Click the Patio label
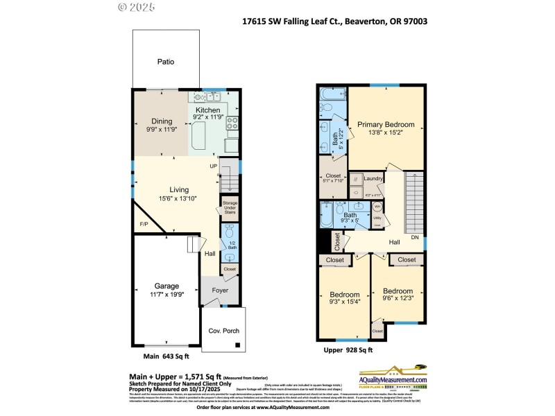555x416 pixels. pyautogui.click(x=165, y=62)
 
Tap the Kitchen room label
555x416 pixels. pyautogui.click(x=207, y=110)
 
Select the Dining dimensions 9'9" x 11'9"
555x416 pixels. pyautogui.click(x=160, y=129)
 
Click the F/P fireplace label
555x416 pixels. pyautogui.click(x=144, y=225)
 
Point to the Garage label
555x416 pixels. pyautogui.click(x=166, y=286)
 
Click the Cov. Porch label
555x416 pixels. pyautogui.click(x=223, y=331)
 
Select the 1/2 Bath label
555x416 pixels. pyautogui.click(x=232, y=245)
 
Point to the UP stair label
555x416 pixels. pyautogui.click(x=214, y=166)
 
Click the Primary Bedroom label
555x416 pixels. pyautogui.click(x=386, y=125)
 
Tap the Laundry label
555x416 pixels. pyautogui.click(x=373, y=179)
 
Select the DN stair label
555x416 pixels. pyautogui.click(x=415, y=237)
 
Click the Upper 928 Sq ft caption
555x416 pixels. pyautogui.click(x=348, y=351)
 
